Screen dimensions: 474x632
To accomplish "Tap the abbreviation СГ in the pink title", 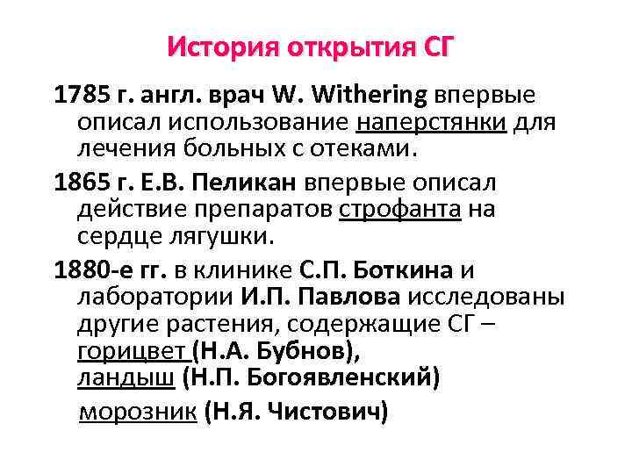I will coord(435,45).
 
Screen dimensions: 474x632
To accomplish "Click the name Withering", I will coord(359,95).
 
